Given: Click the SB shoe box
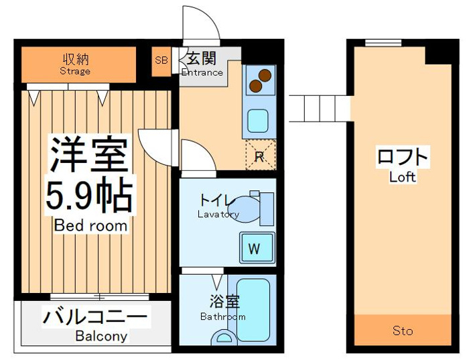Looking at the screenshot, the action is [161, 62].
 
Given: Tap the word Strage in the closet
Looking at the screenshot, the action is [75, 71].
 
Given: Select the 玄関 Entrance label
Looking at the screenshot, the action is [202, 64].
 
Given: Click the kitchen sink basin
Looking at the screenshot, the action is [257, 120].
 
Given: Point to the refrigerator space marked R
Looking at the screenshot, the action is [261, 155].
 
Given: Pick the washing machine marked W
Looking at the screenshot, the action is [257, 248].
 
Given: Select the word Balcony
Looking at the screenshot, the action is [101, 336].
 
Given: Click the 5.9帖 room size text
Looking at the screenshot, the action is [89, 195].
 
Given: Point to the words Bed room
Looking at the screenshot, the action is [91, 226].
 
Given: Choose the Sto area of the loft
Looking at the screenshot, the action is [403, 330].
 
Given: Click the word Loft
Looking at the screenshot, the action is [403, 177].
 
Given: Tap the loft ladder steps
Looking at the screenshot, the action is [320, 109].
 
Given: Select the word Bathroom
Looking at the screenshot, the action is [223, 316].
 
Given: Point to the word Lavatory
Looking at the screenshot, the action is [218, 215].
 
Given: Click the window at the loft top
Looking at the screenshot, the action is [383, 43].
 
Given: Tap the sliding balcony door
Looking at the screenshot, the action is [99, 296].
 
